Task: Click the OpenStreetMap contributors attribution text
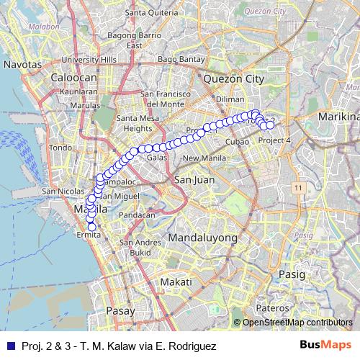click(297, 323)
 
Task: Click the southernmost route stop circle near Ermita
click(91, 227)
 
